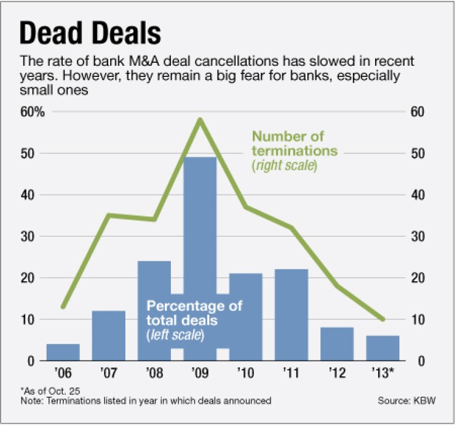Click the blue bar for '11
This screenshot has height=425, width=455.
click(291, 314)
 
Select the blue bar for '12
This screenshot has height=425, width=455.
click(338, 344)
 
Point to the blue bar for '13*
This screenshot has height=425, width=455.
click(383, 348)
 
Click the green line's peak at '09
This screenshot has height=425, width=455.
click(200, 119)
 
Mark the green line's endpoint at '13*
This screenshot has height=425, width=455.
click(383, 319)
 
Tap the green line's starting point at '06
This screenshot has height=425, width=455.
click(63, 306)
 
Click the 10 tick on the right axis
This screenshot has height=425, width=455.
click(417, 319)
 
